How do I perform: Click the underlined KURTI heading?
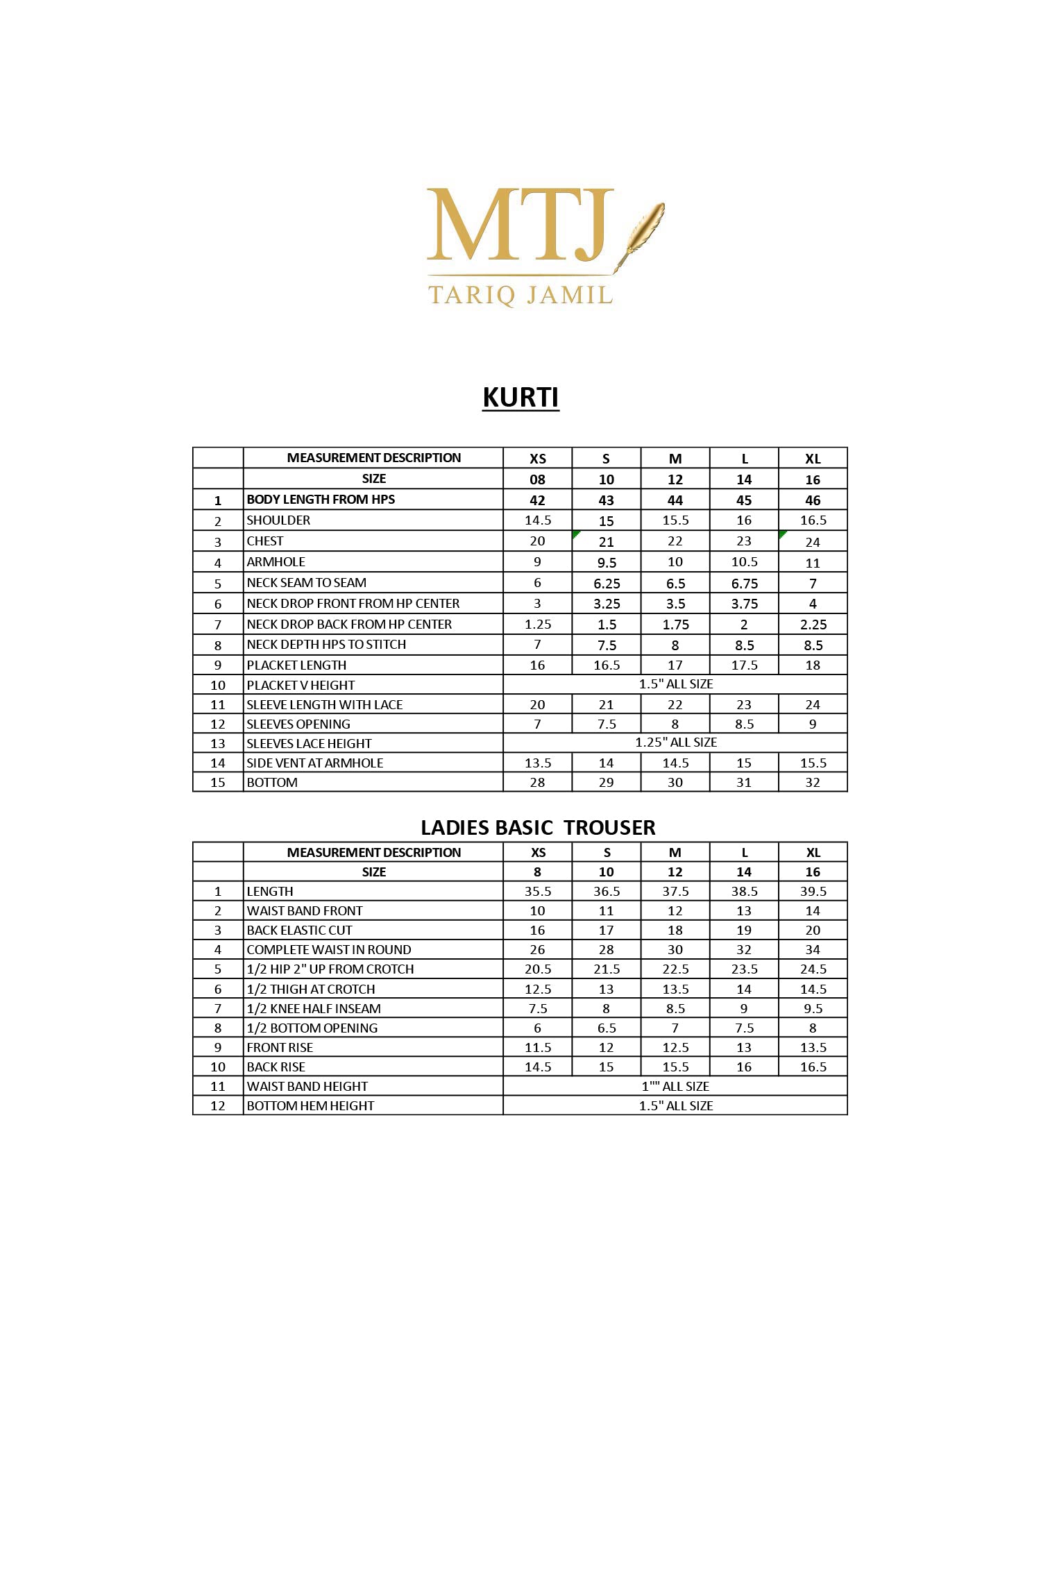coord(520,398)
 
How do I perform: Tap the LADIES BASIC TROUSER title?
coord(538,827)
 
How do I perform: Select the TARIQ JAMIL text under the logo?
coord(520,295)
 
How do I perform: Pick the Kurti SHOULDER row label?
coord(278,520)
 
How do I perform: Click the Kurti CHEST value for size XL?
coord(813,542)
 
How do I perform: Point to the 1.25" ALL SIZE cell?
coord(675,742)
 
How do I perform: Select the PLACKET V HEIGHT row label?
coord(301,686)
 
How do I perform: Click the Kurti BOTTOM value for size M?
coord(675,783)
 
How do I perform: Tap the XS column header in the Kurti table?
coord(537,459)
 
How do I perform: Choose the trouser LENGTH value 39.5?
coord(813,892)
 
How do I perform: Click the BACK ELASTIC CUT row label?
coord(299,931)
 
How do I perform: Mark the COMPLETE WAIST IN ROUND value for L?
coord(744,950)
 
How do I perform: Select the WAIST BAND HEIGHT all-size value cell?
coord(675,1087)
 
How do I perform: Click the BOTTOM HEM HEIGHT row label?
coord(310,1106)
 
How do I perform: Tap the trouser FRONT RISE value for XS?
coord(537,1048)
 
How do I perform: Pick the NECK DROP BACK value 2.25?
coord(813,625)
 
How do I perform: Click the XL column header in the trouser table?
coord(813,853)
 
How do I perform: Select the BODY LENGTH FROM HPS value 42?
coord(537,500)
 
